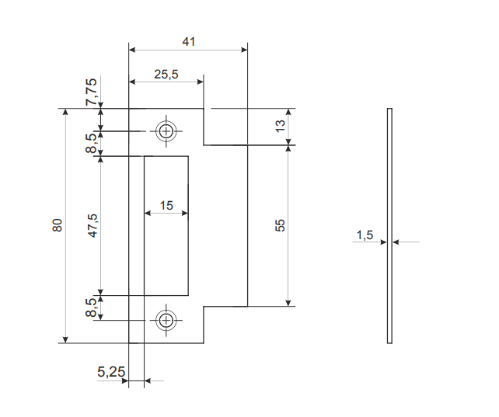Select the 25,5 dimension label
pyautogui.click(x=166, y=74)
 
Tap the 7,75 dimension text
pyautogui.click(x=92, y=92)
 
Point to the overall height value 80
pyautogui.click(x=57, y=225)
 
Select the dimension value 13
pyautogui.click(x=281, y=126)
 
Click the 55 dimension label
pyautogui.click(x=281, y=225)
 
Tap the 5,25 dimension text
pyautogui.click(x=111, y=372)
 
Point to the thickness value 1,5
pyautogui.click(x=365, y=235)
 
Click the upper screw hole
pyautogui.click(x=165, y=130)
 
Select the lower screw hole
pyautogui.click(x=165, y=320)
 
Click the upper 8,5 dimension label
pyautogui.click(x=92, y=142)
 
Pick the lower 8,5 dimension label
pyautogui.click(x=92, y=308)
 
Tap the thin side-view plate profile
pyautogui.click(x=390, y=225)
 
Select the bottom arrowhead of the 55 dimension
pyautogui.click(x=288, y=302)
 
